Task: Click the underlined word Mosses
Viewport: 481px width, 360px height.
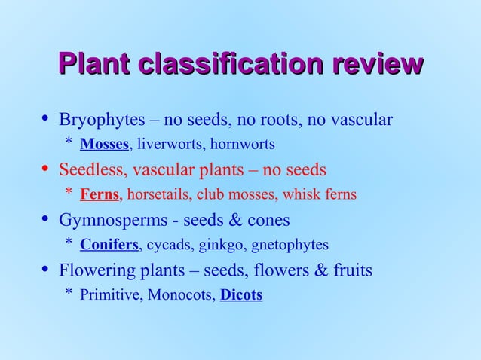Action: point(105,144)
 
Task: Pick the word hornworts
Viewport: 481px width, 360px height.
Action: point(242,144)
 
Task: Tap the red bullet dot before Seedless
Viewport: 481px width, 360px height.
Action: point(44,169)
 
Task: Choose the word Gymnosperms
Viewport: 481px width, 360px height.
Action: point(109,221)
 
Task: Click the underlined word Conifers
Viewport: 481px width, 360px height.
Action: point(109,245)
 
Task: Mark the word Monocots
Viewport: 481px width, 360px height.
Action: point(181,295)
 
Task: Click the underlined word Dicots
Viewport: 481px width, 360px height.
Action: point(241,295)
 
